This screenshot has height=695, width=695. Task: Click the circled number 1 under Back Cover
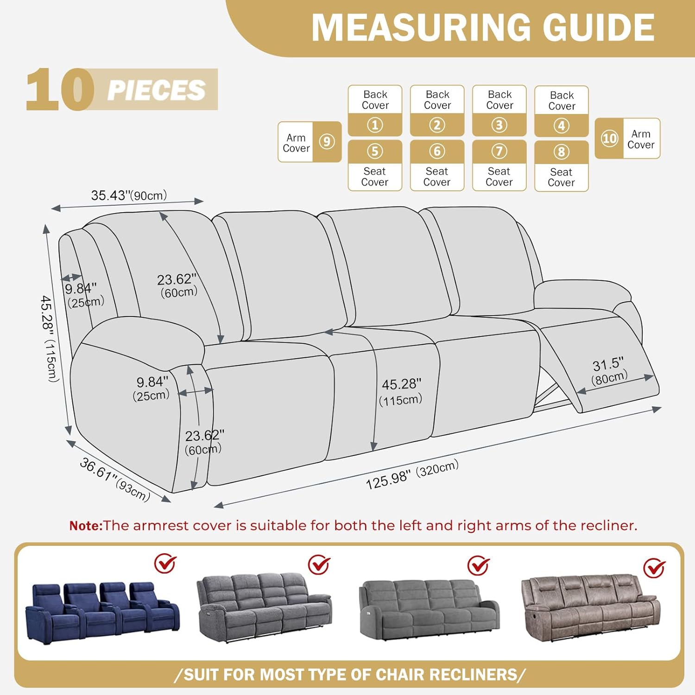375,125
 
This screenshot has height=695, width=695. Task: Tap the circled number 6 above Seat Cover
437,151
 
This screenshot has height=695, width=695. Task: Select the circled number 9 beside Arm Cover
327,141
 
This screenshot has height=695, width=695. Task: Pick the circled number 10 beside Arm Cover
609,138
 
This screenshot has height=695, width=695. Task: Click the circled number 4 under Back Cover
561,126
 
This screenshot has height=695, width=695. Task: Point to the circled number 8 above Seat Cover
561,152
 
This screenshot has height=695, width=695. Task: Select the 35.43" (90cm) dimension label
129,195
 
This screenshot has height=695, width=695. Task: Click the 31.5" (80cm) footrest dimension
609,371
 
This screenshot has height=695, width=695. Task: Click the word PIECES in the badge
156,90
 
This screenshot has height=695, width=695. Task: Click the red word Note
85,526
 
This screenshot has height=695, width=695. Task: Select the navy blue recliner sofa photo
102,612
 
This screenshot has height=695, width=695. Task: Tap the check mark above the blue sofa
165,563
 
